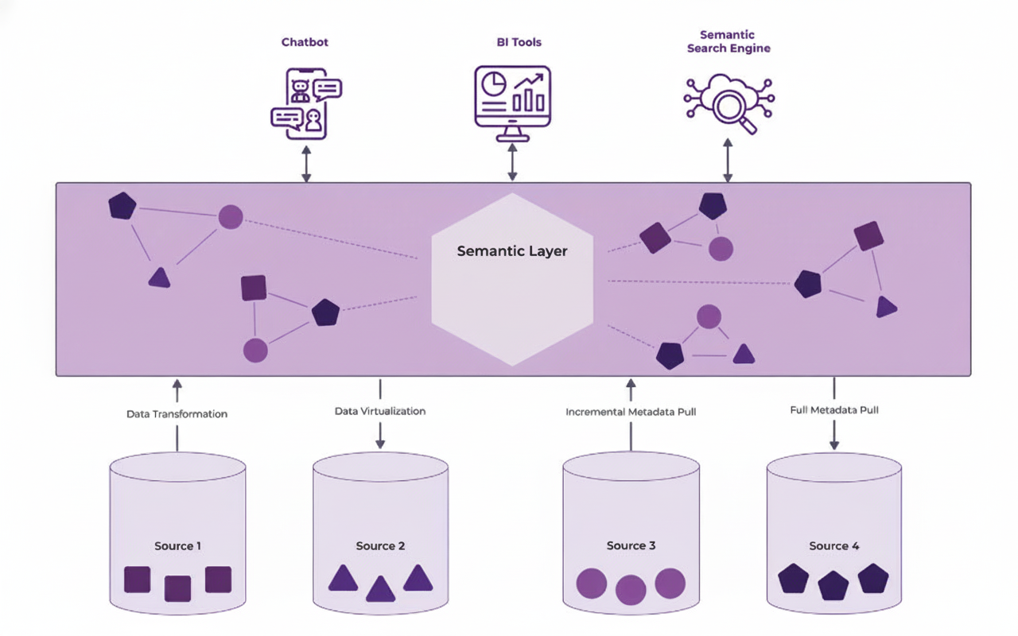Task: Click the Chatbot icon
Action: coord(306,103)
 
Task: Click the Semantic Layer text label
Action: coord(512,251)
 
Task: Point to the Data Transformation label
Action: coord(177,414)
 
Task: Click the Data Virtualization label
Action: coord(380,411)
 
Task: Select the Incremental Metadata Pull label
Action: coord(631,413)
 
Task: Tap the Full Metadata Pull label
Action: coord(834,410)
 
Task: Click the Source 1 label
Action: coord(177,546)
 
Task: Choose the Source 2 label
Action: coord(380,546)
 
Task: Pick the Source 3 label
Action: coord(631,545)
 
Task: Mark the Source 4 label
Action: coord(834,546)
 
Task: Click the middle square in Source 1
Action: coord(177,589)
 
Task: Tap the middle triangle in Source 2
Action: coord(380,589)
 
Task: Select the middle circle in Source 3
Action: coord(631,590)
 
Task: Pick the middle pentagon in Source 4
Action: coord(834,586)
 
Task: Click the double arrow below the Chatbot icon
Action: coord(306,163)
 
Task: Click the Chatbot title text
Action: coord(305,42)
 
